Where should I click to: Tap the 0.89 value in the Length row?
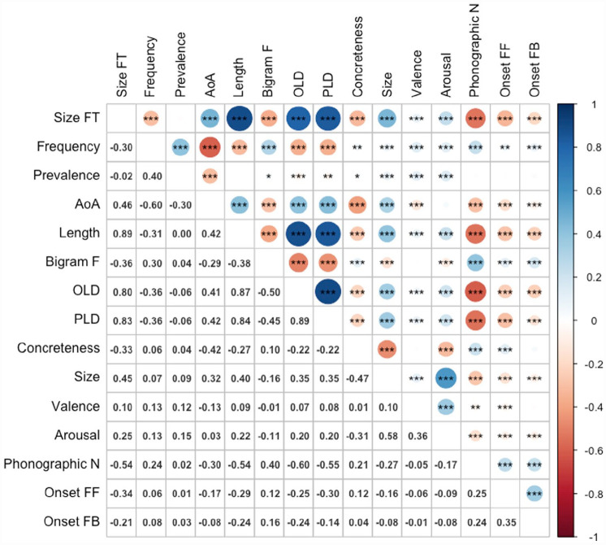[121, 234]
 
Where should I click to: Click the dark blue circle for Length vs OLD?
[300, 234]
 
